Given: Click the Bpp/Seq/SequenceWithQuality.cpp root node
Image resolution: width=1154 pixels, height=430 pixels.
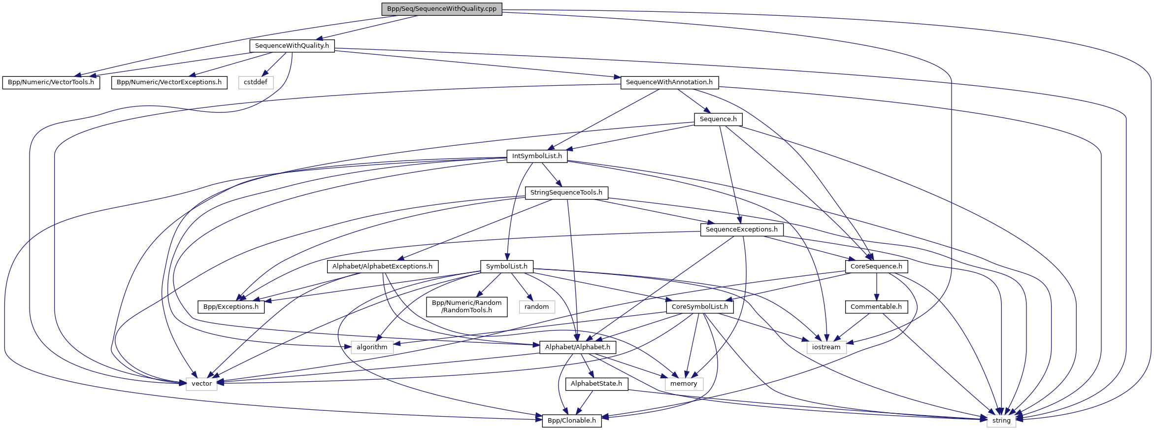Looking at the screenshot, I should point(441,9).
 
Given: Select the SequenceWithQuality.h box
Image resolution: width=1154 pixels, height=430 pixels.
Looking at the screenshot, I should point(292,46).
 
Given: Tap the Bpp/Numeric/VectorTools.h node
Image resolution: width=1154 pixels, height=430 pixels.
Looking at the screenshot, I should point(51,82).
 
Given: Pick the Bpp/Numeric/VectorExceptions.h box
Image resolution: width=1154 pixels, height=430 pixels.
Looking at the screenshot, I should point(169,82).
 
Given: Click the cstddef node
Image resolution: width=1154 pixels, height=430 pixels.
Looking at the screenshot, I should point(256,82).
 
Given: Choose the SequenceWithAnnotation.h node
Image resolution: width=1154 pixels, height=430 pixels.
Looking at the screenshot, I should point(669,82).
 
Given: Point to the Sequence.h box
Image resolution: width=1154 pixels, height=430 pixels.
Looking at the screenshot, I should point(718,119).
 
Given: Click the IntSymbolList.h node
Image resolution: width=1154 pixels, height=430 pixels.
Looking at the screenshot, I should point(536,156).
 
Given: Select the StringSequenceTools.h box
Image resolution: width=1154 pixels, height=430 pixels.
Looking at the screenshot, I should point(566,193).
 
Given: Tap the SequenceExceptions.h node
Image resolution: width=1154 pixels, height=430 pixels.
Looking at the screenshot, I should point(741,230).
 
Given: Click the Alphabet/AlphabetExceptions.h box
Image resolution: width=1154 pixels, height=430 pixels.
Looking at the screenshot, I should point(382,266).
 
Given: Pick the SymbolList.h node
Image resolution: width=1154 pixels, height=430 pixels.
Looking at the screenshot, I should point(506,266).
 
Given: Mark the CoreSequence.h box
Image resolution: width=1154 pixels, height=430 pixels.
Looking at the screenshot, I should point(876,266).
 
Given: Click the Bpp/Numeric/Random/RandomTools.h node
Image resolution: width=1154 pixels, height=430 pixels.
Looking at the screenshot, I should point(466,306).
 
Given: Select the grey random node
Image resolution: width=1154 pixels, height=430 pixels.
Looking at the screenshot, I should point(536,307).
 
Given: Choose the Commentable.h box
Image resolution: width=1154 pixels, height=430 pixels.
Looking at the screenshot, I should point(876,307).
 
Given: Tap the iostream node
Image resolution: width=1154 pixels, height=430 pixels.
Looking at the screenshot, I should point(826,347).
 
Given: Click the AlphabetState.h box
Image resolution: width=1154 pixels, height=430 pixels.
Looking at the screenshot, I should point(596,384).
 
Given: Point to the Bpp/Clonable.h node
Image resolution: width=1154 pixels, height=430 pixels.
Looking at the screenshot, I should point(571,421).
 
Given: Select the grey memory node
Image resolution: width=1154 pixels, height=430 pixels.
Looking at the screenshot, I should point(684,384).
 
